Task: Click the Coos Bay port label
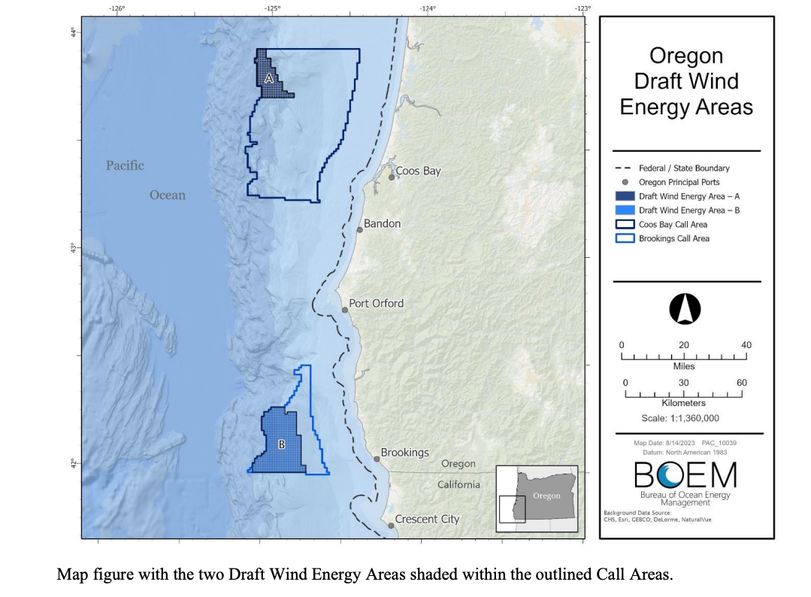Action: [x=418, y=171]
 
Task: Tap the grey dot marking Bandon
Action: [x=360, y=229]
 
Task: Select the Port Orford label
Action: [x=376, y=304]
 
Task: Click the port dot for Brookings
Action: [x=377, y=459]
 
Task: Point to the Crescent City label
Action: [x=427, y=520]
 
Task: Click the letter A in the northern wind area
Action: [x=268, y=78]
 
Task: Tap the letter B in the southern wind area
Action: [x=282, y=444]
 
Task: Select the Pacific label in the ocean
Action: [x=125, y=165]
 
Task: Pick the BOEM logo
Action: [x=685, y=476]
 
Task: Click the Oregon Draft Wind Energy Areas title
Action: [x=685, y=81]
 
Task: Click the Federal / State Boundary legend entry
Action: [x=683, y=168]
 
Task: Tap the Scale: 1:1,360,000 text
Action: [x=680, y=418]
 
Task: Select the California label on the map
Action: [x=458, y=484]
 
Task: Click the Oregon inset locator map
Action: [x=537, y=494]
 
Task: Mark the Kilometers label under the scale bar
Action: [x=683, y=404]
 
